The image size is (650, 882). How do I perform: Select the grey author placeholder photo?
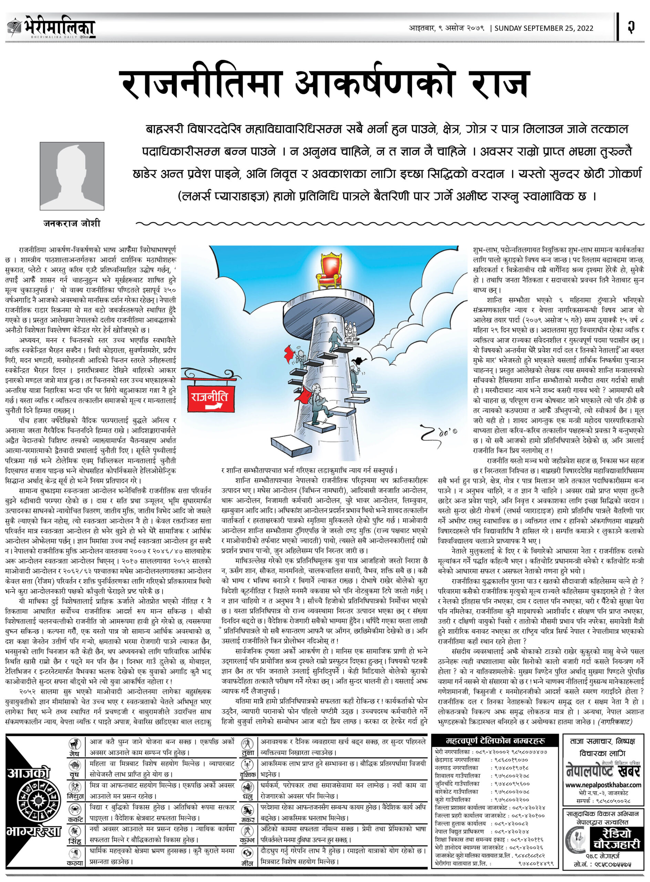72,176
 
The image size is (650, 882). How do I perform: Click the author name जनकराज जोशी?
72,224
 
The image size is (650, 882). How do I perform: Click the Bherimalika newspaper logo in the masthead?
51,27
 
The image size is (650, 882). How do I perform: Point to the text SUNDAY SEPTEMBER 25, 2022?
544,28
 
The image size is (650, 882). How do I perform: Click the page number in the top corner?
631,27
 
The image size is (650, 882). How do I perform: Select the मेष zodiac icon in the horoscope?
74,744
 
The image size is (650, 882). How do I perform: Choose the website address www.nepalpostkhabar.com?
603,785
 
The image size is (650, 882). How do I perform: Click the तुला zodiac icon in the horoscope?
247,744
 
